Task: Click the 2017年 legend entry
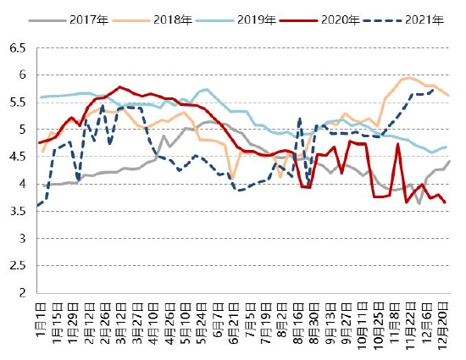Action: [69, 20]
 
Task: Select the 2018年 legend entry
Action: [153, 20]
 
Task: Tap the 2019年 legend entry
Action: [236, 20]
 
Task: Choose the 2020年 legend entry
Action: [319, 20]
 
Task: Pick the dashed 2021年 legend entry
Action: [403, 20]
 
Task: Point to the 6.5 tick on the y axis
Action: [18, 47]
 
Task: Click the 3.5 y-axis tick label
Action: [18, 212]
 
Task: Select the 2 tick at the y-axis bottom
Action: [23, 293]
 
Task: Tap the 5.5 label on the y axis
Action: [18, 102]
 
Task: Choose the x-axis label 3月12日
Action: [121, 324]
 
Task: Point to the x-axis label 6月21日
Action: [234, 324]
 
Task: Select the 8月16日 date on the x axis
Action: [299, 324]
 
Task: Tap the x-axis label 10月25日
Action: [380, 326]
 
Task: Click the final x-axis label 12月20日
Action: [443, 326]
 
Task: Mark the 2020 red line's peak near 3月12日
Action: [119, 86]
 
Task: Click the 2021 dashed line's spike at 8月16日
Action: [299, 119]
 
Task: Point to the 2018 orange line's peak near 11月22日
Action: [409, 78]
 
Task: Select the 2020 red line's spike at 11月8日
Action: [397, 144]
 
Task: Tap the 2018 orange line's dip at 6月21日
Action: [233, 179]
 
